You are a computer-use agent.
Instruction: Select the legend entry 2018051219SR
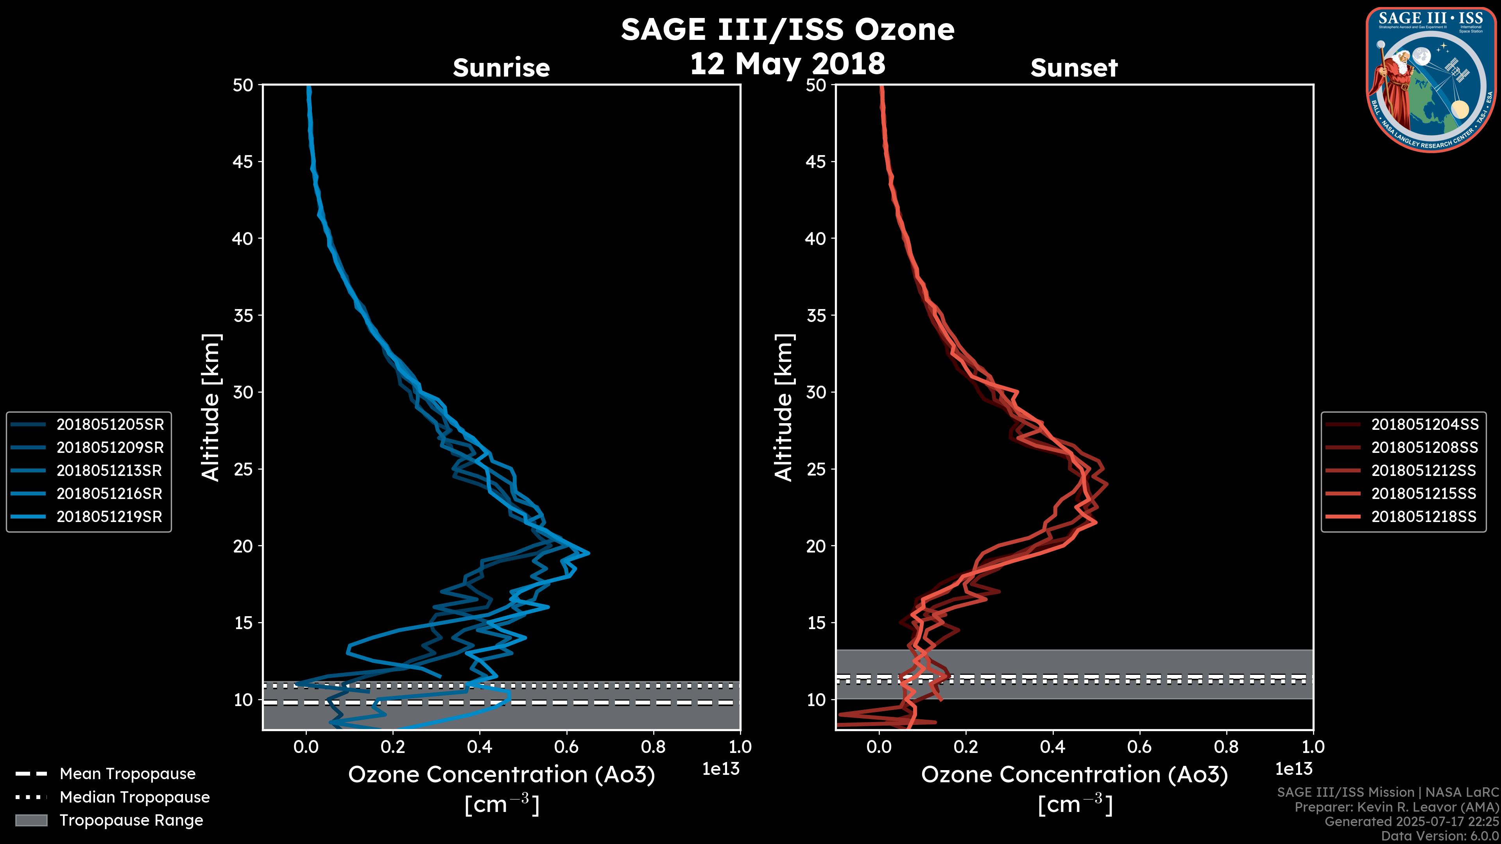[x=109, y=517]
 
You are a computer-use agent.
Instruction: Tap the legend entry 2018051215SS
[x=1424, y=494]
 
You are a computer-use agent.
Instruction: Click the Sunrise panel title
[x=501, y=68]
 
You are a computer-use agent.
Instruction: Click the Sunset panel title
[x=1074, y=68]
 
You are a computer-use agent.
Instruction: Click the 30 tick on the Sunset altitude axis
[x=816, y=392]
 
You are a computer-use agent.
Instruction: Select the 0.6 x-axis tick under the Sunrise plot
[x=566, y=747]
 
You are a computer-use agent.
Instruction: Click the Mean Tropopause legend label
[x=127, y=774]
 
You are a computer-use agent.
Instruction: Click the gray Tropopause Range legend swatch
[x=31, y=820]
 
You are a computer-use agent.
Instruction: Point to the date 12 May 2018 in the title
[x=787, y=63]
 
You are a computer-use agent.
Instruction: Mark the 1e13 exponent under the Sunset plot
[x=1293, y=769]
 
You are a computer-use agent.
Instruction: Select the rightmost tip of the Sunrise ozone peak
[x=589, y=553]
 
